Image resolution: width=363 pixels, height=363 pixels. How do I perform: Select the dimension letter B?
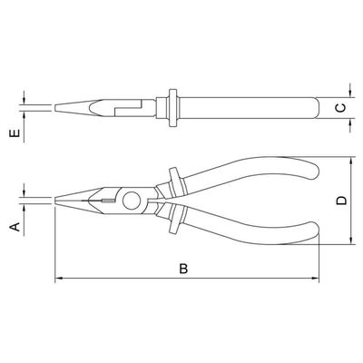pyautogui.click(x=183, y=269)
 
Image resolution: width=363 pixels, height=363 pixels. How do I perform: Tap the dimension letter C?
pyautogui.click(x=342, y=108)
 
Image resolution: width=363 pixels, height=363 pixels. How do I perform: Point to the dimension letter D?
pyautogui.click(x=342, y=201)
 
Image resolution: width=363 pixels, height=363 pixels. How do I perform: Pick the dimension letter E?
pyautogui.click(x=15, y=133)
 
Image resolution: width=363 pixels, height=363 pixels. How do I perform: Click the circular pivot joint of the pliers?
pyautogui.click(x=132, y=201)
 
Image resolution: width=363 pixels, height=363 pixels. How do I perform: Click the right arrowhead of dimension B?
pyautogui.click(x=315, y=278)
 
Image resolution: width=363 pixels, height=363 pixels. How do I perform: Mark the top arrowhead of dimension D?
pyautogui.click(x=350, y=162)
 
